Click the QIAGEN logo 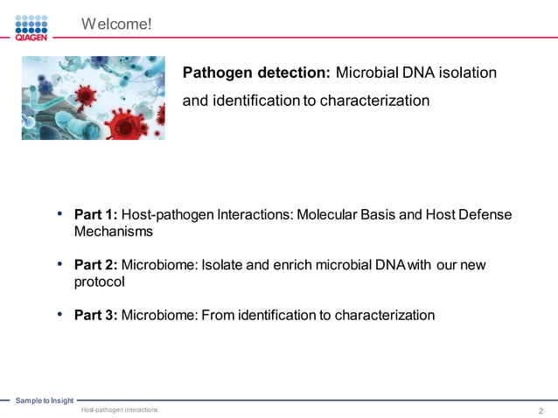coord(31,27)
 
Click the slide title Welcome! coord(116,24)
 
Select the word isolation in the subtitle coord(468,73)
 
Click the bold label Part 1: coord(95,214)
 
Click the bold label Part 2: coord(95,265)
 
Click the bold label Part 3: coord(95,315)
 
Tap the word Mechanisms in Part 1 coord(114,232)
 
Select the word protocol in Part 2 coord(100,282)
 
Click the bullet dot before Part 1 coord(59,213)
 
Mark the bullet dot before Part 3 coord(59,314)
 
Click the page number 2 coord(541,410)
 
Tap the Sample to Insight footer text coord(44,401)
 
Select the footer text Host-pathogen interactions coord(119,410)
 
